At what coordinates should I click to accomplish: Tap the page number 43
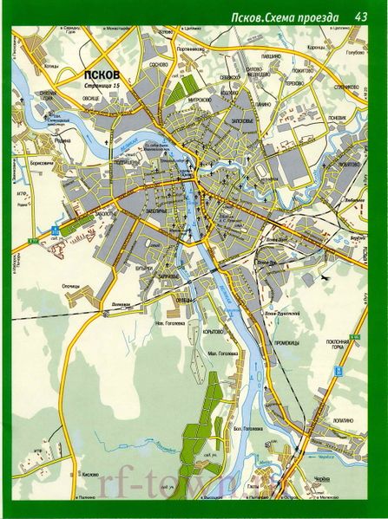tap(364, 16)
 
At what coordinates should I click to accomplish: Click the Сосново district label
tap(158, 66)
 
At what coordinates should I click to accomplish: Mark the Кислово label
tap(89, 475)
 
